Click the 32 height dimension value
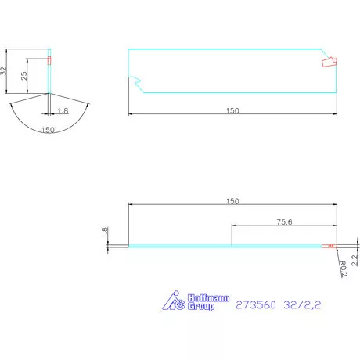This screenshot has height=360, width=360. [4, 70]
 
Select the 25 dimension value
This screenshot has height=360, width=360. [24, 76]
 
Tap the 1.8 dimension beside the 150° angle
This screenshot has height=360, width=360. [63, 111]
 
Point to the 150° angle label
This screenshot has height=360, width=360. [49, 130]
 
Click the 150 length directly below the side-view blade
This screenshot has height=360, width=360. [232, 110]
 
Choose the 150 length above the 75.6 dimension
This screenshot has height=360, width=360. [232, 200]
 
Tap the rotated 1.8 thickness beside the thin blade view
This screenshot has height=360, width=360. [104, 232]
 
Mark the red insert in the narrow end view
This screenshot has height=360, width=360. [49, 60]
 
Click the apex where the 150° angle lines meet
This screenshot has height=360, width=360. [49, 94]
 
